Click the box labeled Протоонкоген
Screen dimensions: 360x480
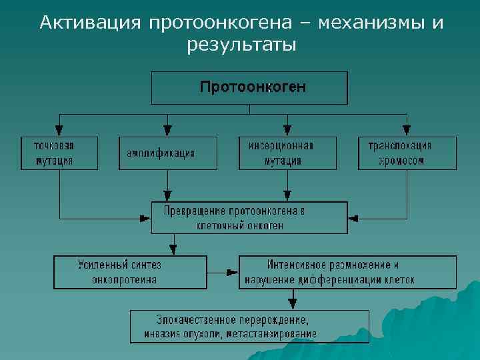pos(249,88)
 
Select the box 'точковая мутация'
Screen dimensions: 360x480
pos(59,153)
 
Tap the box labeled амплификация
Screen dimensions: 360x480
pos(168,153)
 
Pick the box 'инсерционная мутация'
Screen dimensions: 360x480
pos(287,153)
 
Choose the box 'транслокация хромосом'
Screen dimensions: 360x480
pos(407,153)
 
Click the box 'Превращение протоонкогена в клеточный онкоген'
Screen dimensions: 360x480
pos(249,217)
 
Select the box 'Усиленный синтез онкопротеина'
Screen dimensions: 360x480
pos(131,272)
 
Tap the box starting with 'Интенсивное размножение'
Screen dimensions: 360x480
pos(347,272)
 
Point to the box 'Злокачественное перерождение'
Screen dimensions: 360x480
pos(249,326)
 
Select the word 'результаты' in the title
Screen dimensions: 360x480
pos(242,46)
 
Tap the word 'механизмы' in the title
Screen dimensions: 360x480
pos(369,23)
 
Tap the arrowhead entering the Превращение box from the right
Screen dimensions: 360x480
pos(353,218)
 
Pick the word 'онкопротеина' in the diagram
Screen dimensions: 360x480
pos(126,279)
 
